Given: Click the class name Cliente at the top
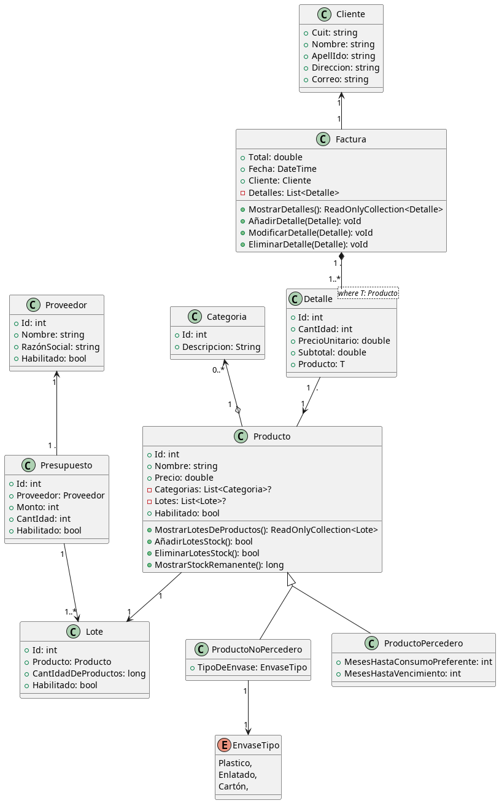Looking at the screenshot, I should pos(350,14).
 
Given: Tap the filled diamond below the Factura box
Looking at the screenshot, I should pos(341,257).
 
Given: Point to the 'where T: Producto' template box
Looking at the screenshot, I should pos(368,293).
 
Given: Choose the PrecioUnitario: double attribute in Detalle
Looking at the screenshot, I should pos(344,341).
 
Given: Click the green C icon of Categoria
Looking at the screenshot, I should pos(195,317).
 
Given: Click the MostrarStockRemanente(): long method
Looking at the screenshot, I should pos(219,565).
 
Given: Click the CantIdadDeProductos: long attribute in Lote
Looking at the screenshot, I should pos(85,673).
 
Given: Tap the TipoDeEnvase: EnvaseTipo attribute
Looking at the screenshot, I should pos(248,667).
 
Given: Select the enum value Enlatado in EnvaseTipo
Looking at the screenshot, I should pos(238,775).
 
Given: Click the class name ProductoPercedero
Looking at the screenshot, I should pos(424,643).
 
